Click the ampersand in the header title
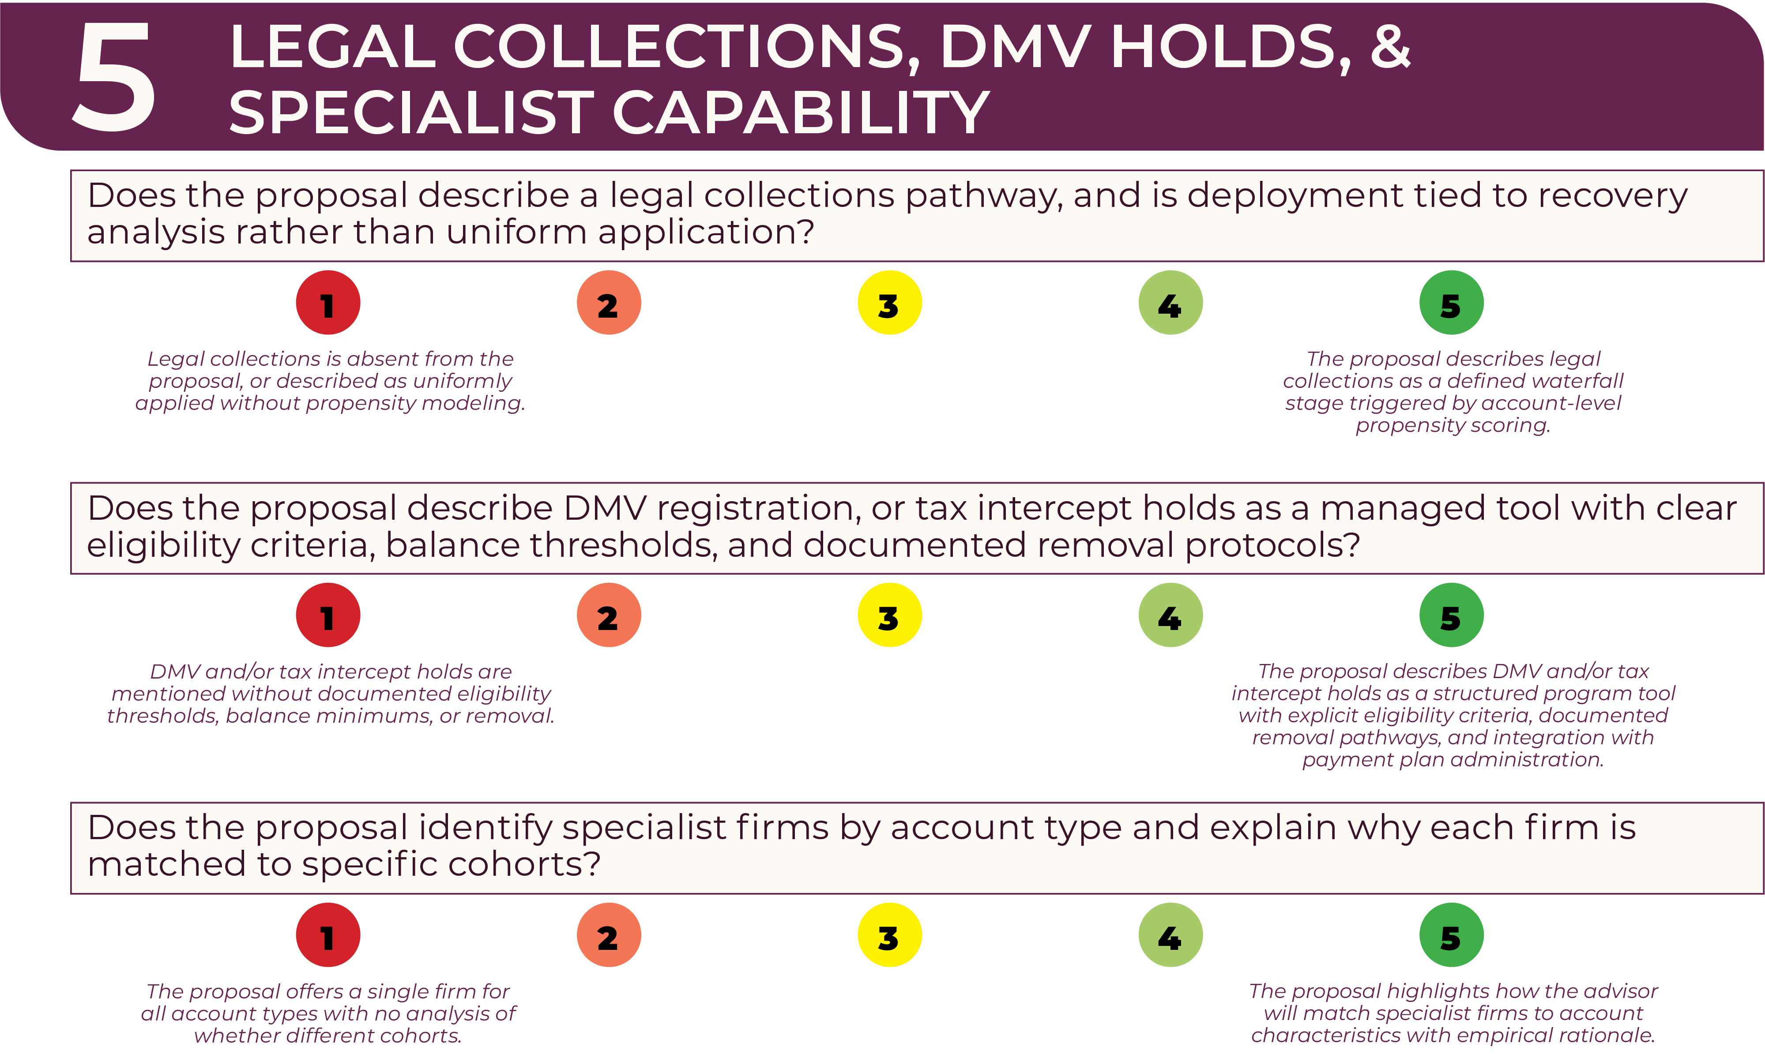point(1389,47)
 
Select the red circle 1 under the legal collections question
point(327,303)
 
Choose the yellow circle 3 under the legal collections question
point(890,303)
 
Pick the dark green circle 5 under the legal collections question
point(1451,303)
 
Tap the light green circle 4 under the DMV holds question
point(1170,615)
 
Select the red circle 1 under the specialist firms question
point(327,935)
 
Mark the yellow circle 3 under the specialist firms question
point(890,935)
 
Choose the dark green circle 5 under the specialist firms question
point(1451,935)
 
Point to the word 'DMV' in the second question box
point(606,509)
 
